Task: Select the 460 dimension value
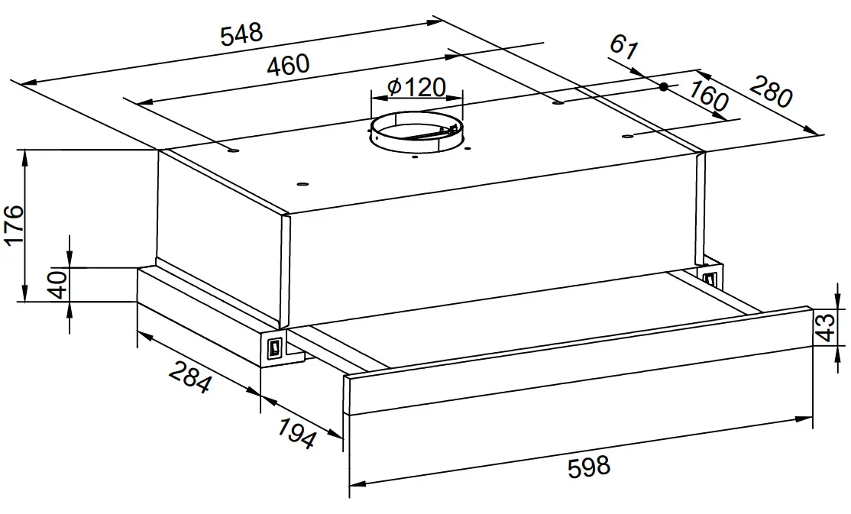click(288, 65)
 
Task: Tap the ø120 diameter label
click(417, 87)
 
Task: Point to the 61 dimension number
click(623, 47)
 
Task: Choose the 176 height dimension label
click(14, 225)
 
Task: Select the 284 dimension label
click(189, 377)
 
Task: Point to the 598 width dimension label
click(590, 467)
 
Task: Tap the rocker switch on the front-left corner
click(274, 347)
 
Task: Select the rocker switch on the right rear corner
click(710, 279)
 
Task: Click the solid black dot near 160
click(663, 86)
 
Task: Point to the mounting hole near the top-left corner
click(233, 150)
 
